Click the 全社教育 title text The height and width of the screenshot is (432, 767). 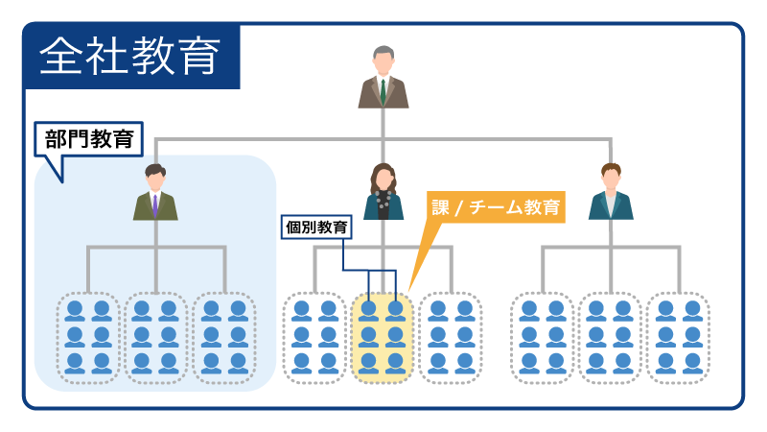pyautogui.click(x=129, y=57)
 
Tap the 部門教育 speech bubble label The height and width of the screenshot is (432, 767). pyautogui.click(x=89, y=139)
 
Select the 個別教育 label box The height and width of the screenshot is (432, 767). pyautogui.click(x=316, y=228)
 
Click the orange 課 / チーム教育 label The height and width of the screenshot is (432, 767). pyautogui.click(x=496, y=207)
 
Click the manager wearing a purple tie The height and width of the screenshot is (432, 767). pyautogui.click(x=155, y=192)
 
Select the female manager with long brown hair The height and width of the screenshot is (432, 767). pyautogui.click(x=383, y=191)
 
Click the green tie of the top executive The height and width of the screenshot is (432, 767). pyautogui.click(x=383, y=91)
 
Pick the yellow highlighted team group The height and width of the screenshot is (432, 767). pyautogui.click(x=382, y=338)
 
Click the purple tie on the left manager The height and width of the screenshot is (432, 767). pyautogui.click(x=155, y=205)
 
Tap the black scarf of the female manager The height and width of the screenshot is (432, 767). pyautogui.click(x=383, y=204)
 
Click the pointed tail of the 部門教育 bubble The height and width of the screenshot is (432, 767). pyautogui.click(x=62, y=181)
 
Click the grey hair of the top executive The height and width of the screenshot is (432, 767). pyautogui.click(x=383, y=52)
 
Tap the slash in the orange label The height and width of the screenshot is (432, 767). pyautogui.click(x=459, y=208)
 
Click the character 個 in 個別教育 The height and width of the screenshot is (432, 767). pyautogui.click(x=293, y=228)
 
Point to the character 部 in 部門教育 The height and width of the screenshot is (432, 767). pyautogui.click(x=56, y=139)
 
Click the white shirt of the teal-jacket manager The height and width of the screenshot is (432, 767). pyautogui.click(x=611, y=203)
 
